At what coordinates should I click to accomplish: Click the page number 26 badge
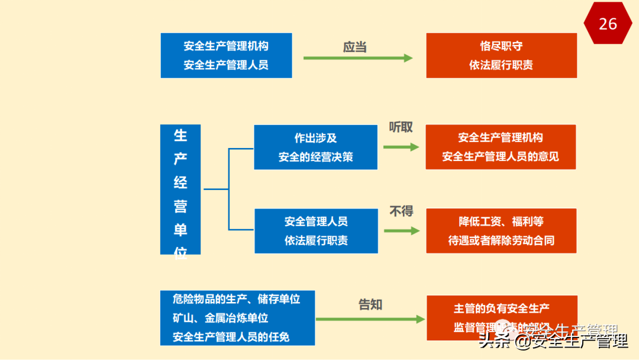click(608, 24)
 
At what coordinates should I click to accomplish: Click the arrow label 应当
click(355, 47)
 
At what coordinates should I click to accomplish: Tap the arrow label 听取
click(401, 127)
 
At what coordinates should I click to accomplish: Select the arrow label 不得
click(401, 211)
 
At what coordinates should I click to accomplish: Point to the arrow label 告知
click(370, 304)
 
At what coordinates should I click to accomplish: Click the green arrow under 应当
click(358, 58)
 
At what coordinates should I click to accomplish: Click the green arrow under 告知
click(370, 319)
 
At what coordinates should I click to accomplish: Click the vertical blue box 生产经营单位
click(180, 189)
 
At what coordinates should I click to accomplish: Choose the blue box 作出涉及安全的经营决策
click(316, 147)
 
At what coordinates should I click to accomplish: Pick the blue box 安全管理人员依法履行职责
click(316, 231)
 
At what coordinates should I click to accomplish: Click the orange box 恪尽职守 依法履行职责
click(501, 55)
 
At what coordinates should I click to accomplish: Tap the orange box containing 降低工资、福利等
click(501, 231)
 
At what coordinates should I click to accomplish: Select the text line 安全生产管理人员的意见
click(501, 157)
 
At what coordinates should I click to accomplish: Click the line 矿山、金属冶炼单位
click(221, 318)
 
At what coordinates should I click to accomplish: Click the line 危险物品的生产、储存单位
click(237, 299)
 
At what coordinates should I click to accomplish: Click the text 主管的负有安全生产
click(501, 308)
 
